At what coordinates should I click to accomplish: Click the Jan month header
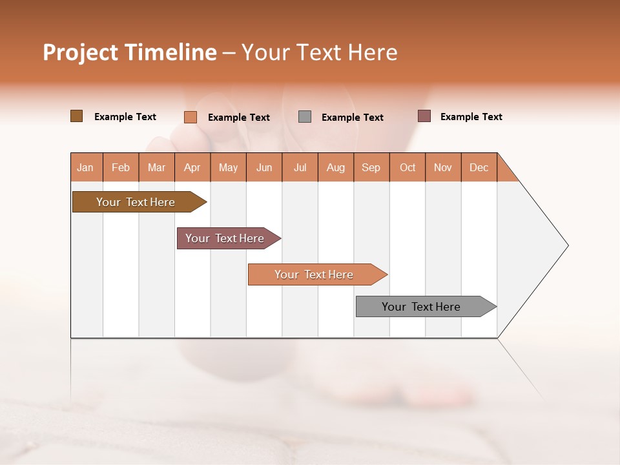point(86,167)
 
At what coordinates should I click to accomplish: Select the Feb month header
point(121,167)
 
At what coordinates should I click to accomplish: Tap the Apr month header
point(192,167)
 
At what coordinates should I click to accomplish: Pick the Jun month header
point(264,167)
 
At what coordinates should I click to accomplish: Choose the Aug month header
point(336,167)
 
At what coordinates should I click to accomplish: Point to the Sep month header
point(371,167)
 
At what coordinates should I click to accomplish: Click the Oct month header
point(408,167)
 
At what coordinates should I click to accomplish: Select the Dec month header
point(479,167)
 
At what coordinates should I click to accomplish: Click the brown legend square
point(76,116)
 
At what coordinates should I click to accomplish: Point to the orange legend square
point(191,117)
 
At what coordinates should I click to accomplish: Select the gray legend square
point(305,117)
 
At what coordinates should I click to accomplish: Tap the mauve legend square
point(424,116)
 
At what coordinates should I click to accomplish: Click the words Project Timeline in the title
point(130,52)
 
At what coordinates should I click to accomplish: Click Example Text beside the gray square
point(353,118)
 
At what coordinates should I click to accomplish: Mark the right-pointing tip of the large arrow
point(566,245)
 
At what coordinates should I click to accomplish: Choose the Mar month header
point(156,167)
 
